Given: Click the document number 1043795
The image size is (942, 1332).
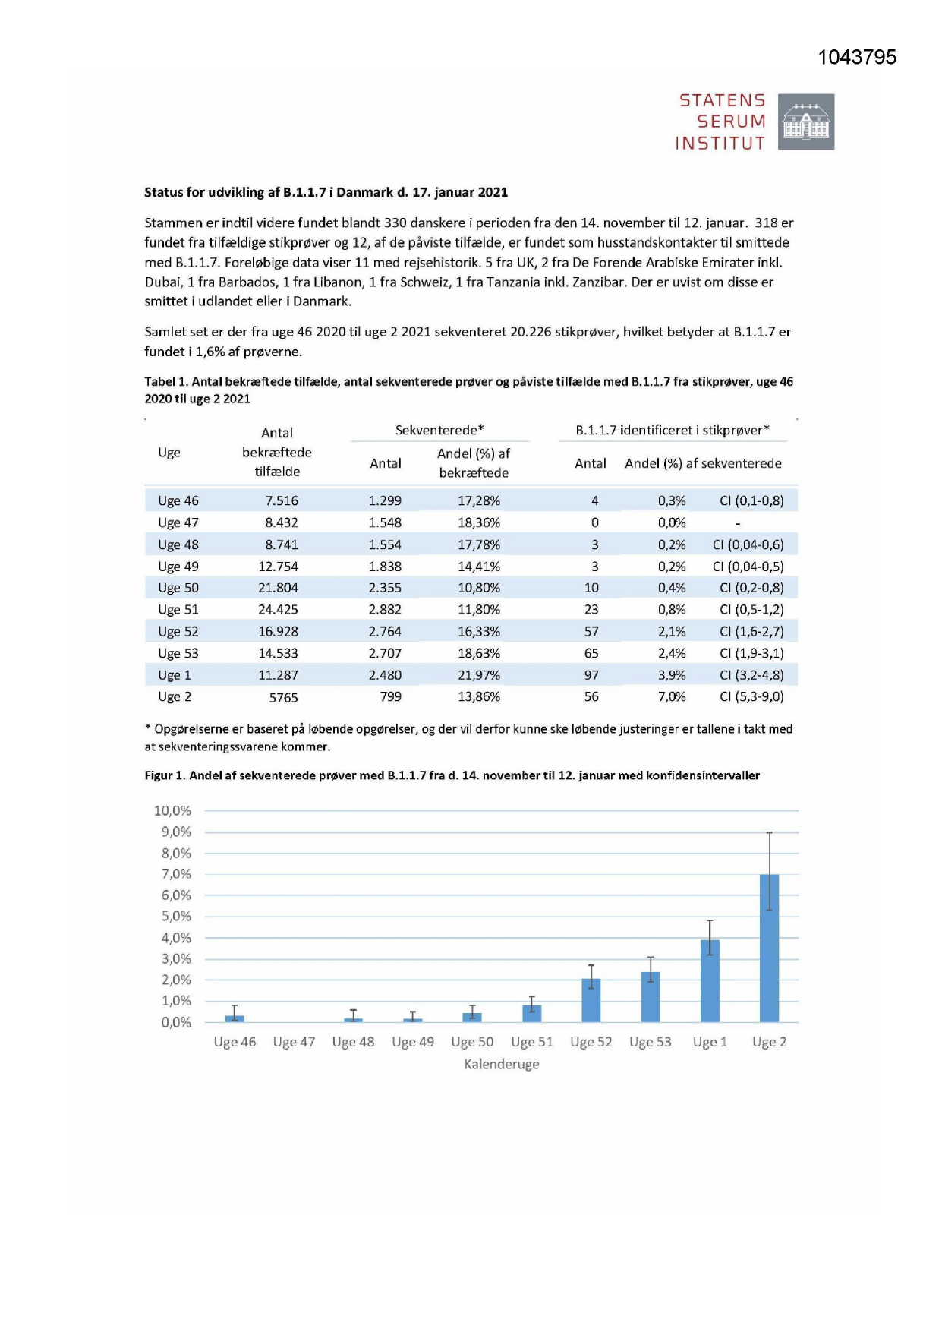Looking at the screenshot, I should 857,58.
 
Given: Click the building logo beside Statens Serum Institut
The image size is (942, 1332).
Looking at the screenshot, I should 806,122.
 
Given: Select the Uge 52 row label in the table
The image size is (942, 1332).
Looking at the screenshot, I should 178,631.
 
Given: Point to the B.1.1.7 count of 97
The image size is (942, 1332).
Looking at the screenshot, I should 591,675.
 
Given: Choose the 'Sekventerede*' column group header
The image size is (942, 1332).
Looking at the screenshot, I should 439,431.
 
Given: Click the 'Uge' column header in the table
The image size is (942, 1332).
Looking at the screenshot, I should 169,453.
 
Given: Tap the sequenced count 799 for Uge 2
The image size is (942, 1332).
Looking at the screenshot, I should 390,696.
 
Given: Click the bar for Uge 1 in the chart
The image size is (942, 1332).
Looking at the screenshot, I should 710,980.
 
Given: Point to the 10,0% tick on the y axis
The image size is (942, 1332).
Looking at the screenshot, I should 172,811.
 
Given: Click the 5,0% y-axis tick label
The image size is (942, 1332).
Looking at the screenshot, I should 175,917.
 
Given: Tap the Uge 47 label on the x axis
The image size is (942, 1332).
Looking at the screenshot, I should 294,1043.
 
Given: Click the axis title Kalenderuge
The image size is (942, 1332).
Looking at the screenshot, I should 502,1065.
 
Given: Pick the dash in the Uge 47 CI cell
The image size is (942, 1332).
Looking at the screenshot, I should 737,523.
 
